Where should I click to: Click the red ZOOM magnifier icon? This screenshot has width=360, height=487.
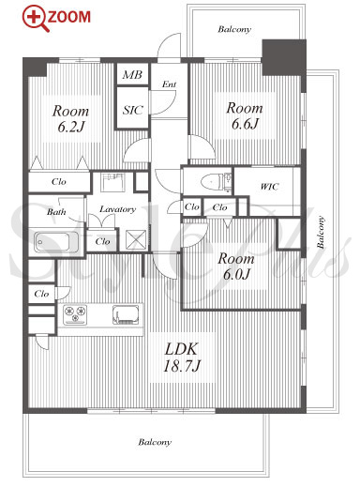pyautogui.click(x=35, y=18)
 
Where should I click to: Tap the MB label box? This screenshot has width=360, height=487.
pyautogui.click(x=132, y=74)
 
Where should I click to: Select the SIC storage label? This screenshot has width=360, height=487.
pyautogui.click(x=132, y=110)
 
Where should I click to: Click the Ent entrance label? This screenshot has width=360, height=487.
pyautogui.click(x=169, y=84)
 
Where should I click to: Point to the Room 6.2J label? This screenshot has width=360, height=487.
pyautogui.click(x=70, y=119)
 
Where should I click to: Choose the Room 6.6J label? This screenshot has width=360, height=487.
pyautogui.click(x=245, y=115)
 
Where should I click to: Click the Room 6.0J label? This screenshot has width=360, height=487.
pyautogui.click(x=236, y=266)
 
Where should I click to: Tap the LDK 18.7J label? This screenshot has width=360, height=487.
pyautogui.click(x=181, y=358)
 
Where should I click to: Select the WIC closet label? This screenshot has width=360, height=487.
pyautogui.click(x=269, y=187)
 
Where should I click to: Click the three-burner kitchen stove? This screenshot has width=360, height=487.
pyautogui.click(x=75, y=314)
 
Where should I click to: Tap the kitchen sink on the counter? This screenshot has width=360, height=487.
pyautogui.click(x=126, y=314)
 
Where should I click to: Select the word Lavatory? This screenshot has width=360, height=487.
pyautogui.click(x=117, y=209)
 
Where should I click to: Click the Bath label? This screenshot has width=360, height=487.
pyautogui.click(x=56, y=212)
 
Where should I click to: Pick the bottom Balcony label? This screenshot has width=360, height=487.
pyautogui.click(x=155, y=442)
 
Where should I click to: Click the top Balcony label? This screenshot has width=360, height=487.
pyautogui.click(x=234, y=29)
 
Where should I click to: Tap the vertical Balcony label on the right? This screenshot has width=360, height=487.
pyautogui.click(x=321, y=232)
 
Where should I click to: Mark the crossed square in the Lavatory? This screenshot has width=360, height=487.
pyautogui.click(x=136, y=239)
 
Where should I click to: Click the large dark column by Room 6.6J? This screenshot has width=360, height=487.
pyautogui.click(x=284, y=57)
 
